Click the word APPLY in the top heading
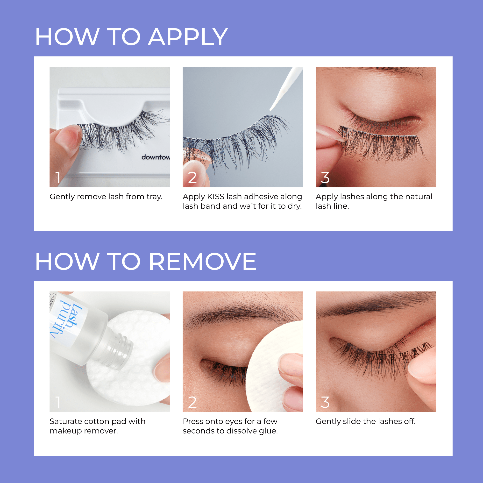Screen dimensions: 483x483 (x=187, y=37)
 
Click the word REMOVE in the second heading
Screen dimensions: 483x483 (x=203, y=262)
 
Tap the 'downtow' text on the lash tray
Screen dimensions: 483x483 (x=156, y=157)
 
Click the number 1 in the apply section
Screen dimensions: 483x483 (x=58, y=177)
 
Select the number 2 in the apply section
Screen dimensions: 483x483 (x=192, y=178)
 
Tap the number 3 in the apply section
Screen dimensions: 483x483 (x=325, y=178)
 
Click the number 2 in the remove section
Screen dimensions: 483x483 (x=192, y=402)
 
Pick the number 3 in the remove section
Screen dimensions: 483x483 (x=325, y=402)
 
